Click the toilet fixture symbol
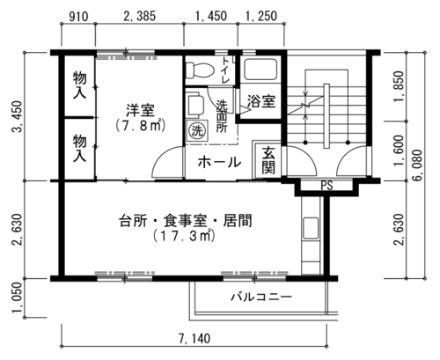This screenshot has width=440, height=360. pyautogui.click(x=200, y=70)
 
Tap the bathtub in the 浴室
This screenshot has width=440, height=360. pyautogui.click(x=260, y=69)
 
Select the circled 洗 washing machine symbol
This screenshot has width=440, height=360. pyautogui.click(x=197, y=130)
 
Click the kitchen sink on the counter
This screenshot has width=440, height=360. pyautogui.click(x=311, y=228)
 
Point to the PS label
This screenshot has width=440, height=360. pyautogui.click(x=326, y=186)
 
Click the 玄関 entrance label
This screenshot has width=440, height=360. pyautogui.click(x=268, y=160)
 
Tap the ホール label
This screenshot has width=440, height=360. pyautogui.click(x=219, y=162)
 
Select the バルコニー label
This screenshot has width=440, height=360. pyautogui.click(x=261, y=297)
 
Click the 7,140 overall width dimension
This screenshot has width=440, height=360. pyautogui.click(x=194, y=339)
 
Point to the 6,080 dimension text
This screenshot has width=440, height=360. pyautogui.click(x=418, y=165)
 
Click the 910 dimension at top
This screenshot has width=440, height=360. pyautogui.click(x=78, y=17)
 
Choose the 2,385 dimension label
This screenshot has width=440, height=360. pyautogui.click(x=139, y=16)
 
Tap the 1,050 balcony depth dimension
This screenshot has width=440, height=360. pyautogui.click(x=18, y=298)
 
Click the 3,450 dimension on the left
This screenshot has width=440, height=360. pyautogui.click(x=17, y=117)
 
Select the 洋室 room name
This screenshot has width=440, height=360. pyautogui.click(x=140, y=110)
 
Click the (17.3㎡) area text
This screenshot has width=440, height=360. pyautogui.click(x=184, y=236)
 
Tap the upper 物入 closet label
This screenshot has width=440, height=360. pyautogui.click(x=79, y=85)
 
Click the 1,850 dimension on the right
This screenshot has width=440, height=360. pyautogui.click(x=399, y=87)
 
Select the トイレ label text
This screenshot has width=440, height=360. pyautogui.click(x=226, y=70)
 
